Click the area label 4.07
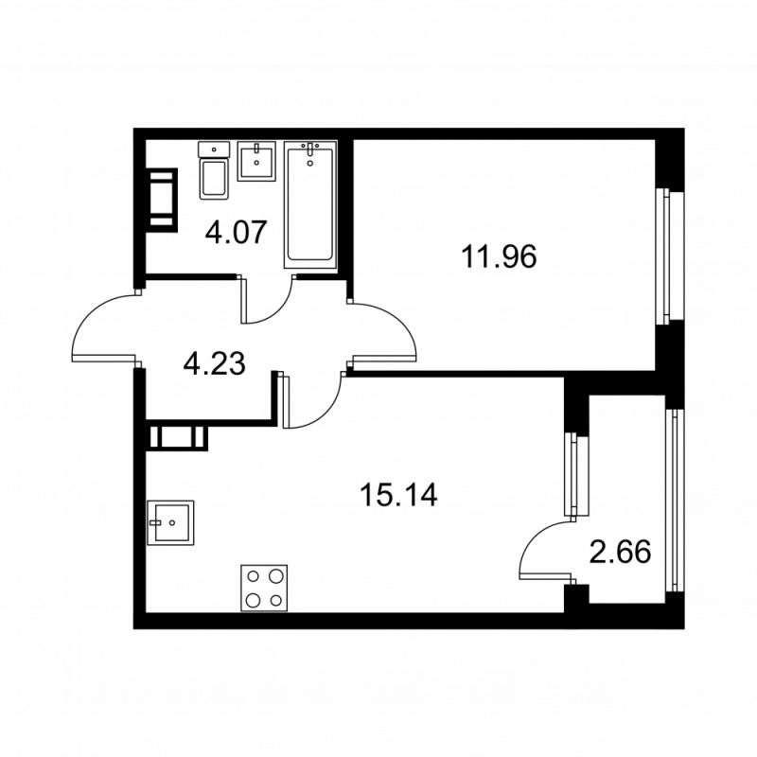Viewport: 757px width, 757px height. [x=232, y=232]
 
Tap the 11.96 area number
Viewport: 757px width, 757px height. [x=498, y=255]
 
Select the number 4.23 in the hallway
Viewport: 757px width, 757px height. [x=215, y=363]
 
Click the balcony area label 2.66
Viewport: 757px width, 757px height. [x=620, y=552]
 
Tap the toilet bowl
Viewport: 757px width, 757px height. [x=215, y=179]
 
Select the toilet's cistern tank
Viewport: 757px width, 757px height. [x=215, y=149]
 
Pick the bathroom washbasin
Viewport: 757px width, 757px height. [x=255, y=162]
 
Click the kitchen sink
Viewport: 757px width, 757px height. [x=170, y=520]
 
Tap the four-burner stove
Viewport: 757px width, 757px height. [x=264, y=587]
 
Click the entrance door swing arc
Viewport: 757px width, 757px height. [x=99, y=326]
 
